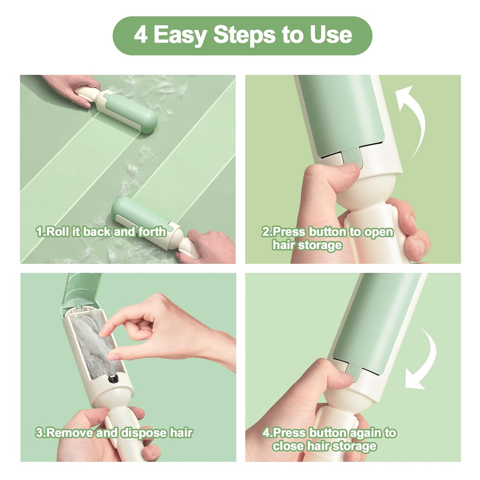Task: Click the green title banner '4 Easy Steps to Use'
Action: coord(243,36)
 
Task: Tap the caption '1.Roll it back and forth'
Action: coord(101,232)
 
